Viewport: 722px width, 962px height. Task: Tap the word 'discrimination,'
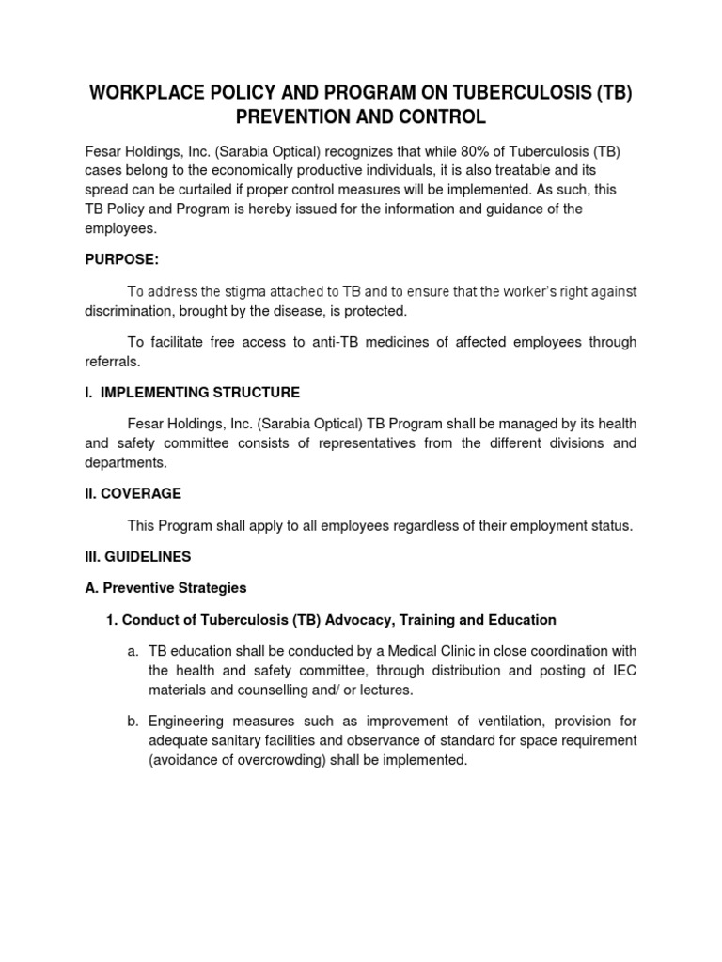137,310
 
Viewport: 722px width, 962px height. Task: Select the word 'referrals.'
116,360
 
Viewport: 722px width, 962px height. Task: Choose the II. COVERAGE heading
133,493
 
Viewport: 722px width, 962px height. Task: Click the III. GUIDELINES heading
137,557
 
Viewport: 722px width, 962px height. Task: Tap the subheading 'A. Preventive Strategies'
165,588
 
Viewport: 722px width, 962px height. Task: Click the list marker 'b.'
134,721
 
